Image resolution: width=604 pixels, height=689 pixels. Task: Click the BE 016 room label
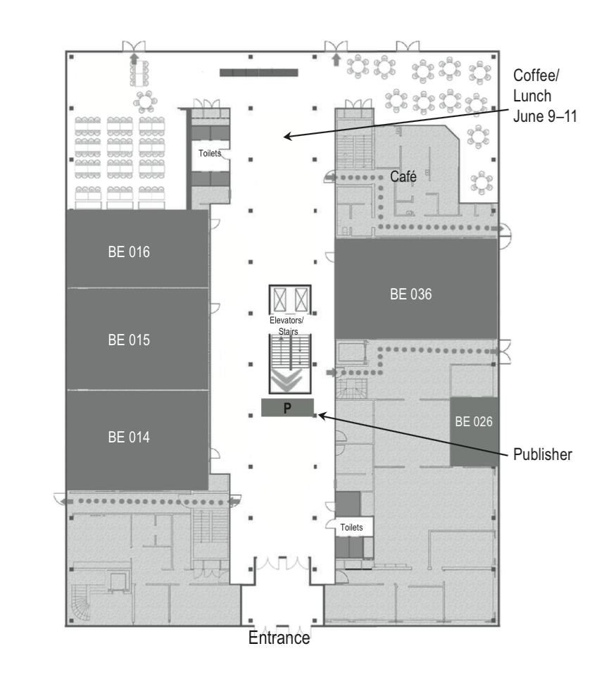click(129, 252)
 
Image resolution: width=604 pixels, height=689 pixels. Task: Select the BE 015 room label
click(129, 340)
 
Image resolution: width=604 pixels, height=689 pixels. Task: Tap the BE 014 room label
click(129, 437)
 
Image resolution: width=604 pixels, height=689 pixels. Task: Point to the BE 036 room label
click(411, 294)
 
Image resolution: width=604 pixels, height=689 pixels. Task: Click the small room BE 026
click(474, 431)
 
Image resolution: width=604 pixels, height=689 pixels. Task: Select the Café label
click(403, 177)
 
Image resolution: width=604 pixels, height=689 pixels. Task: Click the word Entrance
click(279, 638)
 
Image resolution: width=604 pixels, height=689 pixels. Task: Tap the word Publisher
click(543, 454)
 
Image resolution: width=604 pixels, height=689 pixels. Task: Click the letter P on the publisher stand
click(287, 408)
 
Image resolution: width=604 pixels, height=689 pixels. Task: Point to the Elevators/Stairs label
click(287, 325)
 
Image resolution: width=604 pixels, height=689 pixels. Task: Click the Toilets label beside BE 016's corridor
click(209, 154)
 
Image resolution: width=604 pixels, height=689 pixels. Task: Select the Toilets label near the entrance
click(351, 527)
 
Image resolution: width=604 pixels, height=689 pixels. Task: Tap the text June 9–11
click(545, 116)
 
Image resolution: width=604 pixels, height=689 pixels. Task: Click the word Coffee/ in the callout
click(536, 75)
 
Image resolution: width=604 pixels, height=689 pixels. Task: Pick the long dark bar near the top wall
click(258, 73)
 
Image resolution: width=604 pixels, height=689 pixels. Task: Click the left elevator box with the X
click(279, 300)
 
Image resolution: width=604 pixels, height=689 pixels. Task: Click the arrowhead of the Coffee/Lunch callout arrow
click(287, 137)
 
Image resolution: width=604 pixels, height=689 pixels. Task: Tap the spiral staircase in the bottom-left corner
click(81, 603)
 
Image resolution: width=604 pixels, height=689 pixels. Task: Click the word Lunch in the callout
click(532, 96)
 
